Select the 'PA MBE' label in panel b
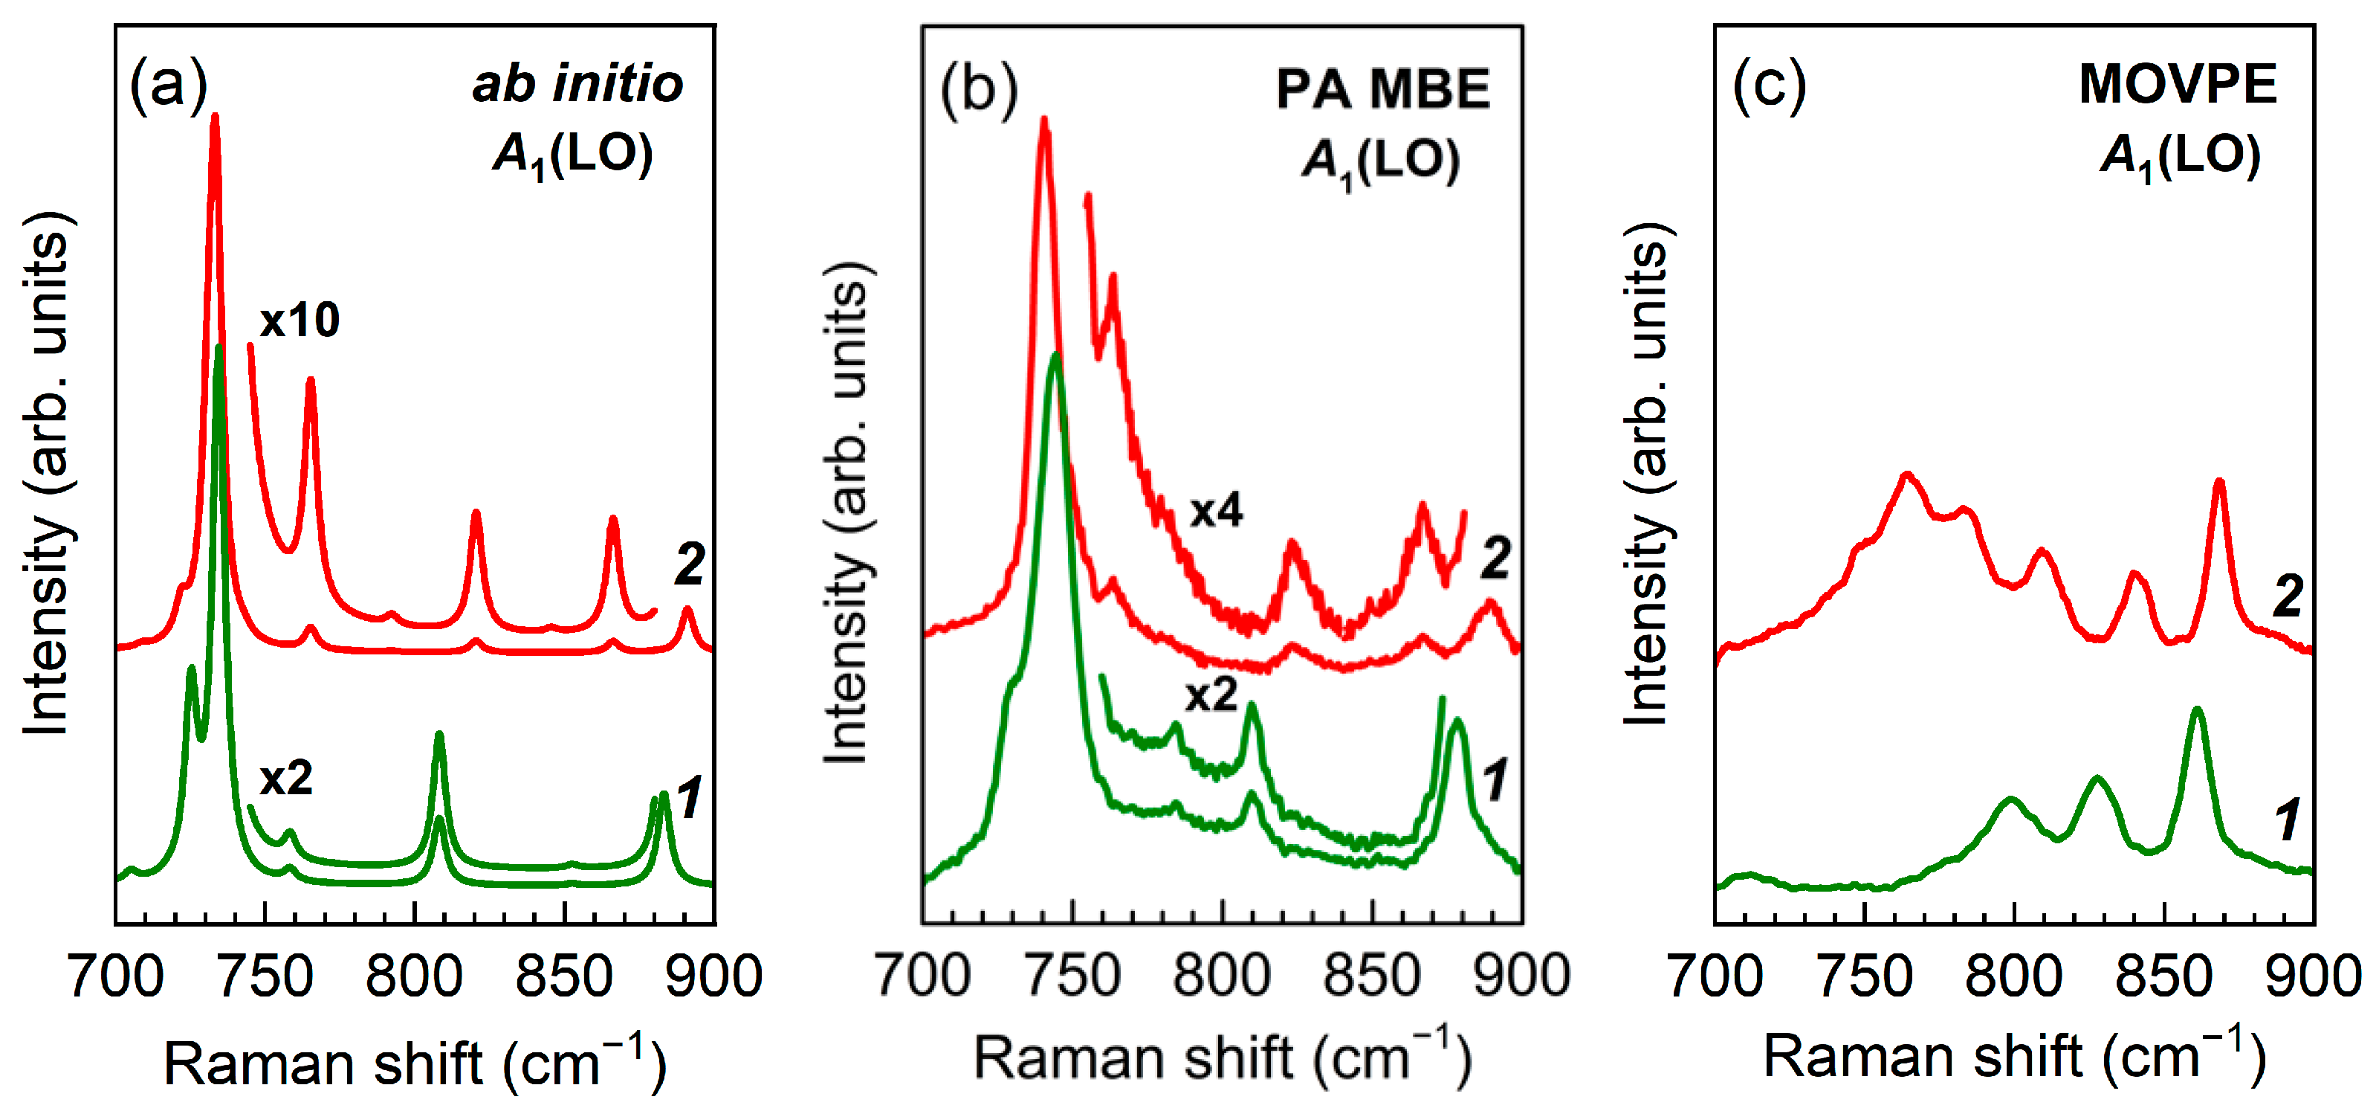click(1382, 89)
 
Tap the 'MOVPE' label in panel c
click(2178, 84)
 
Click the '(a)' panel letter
click(168, 84)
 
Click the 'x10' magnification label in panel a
click(300, 320)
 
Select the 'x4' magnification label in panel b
click(1215, 510)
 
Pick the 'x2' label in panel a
click(285, 778)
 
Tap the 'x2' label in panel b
click(1211, 694)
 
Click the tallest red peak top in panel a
click(216, 118)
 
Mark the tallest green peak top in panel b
click(1055, 355)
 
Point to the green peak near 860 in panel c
click(2197, 710)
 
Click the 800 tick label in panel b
click(1221, 976)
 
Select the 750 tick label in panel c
click(1864, 976)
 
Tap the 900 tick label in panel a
click(713, 976)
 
